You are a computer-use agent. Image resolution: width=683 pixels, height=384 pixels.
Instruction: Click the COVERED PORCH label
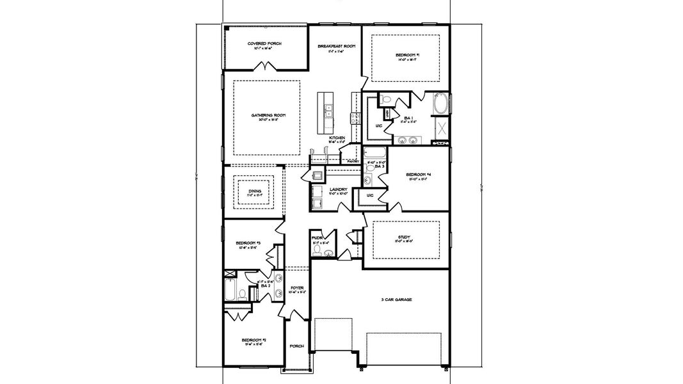(264, 44)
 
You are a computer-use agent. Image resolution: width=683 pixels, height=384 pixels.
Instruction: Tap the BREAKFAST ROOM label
(337, 47)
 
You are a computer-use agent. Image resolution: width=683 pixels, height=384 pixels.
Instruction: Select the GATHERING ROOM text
(268, 115)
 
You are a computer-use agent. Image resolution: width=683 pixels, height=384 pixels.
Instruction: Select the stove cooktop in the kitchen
(352, 117)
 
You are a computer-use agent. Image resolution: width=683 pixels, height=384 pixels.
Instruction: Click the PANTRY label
(353, 162)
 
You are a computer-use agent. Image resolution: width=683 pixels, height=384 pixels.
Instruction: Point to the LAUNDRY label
(338, 189)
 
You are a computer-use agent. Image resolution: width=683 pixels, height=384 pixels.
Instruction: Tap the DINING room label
(254, 190)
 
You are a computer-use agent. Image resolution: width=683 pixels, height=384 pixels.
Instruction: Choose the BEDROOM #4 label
(417, 175)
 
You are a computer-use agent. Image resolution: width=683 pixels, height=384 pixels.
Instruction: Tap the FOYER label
(296, 288)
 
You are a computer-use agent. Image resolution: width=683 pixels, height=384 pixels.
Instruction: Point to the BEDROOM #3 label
(248, 243)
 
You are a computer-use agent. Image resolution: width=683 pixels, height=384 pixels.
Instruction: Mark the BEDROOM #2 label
(254, 340)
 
